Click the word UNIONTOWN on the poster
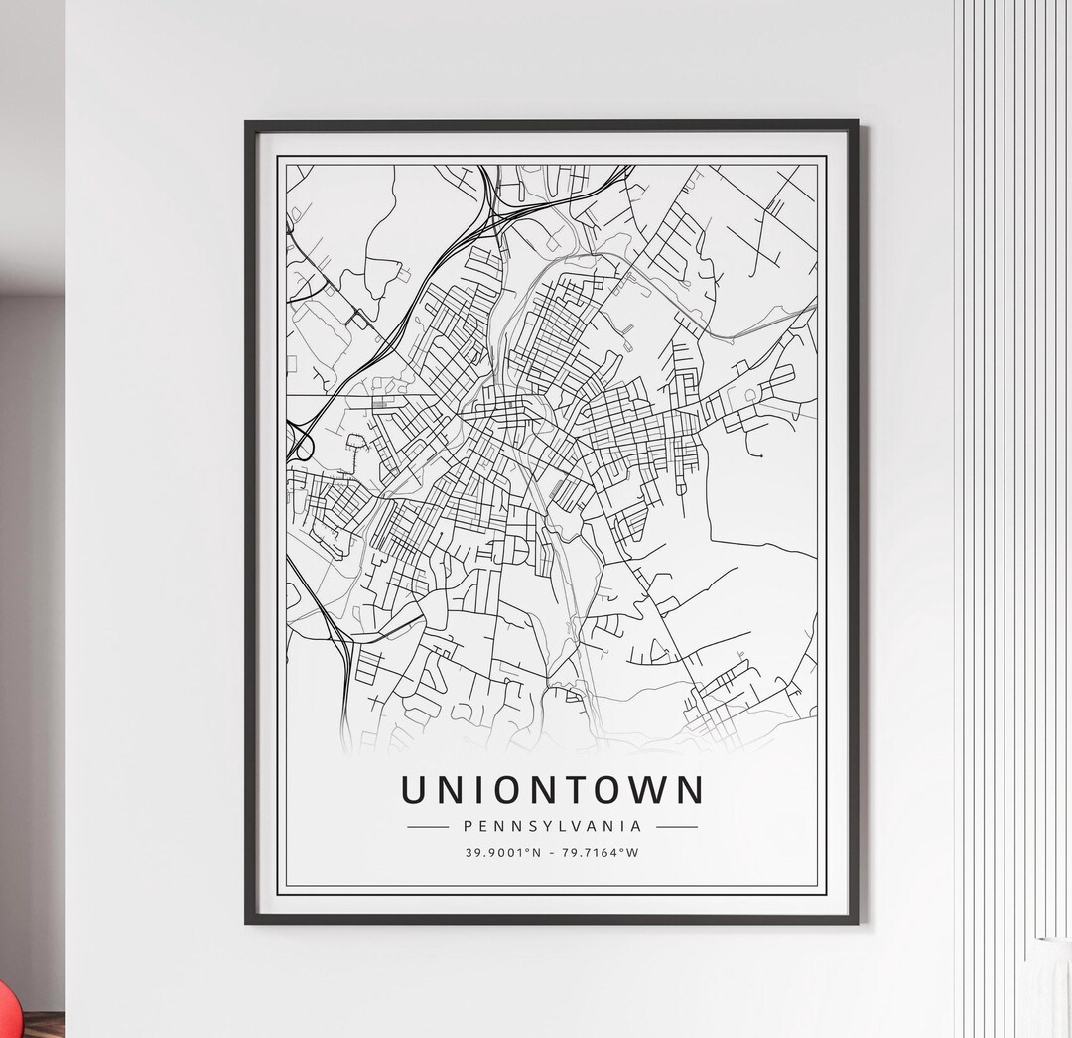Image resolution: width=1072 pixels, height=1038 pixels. pyautogui.click(x=552, y=790)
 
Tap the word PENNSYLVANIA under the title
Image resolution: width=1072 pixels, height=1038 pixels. pyautogui.click(x=552, y=825)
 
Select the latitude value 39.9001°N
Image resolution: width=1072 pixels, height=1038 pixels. pyautogui.click(x=502, y=852)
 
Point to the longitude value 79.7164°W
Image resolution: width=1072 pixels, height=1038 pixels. pyautogui.click(x=601, y=852)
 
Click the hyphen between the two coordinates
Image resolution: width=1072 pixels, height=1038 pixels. pyautogui.click(x=552, y=852)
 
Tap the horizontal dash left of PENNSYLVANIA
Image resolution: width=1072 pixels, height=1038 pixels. pyautogui.click(x=428, y=826)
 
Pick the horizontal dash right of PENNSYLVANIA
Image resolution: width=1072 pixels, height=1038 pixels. pyautogui.click(x=676, y=826)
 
